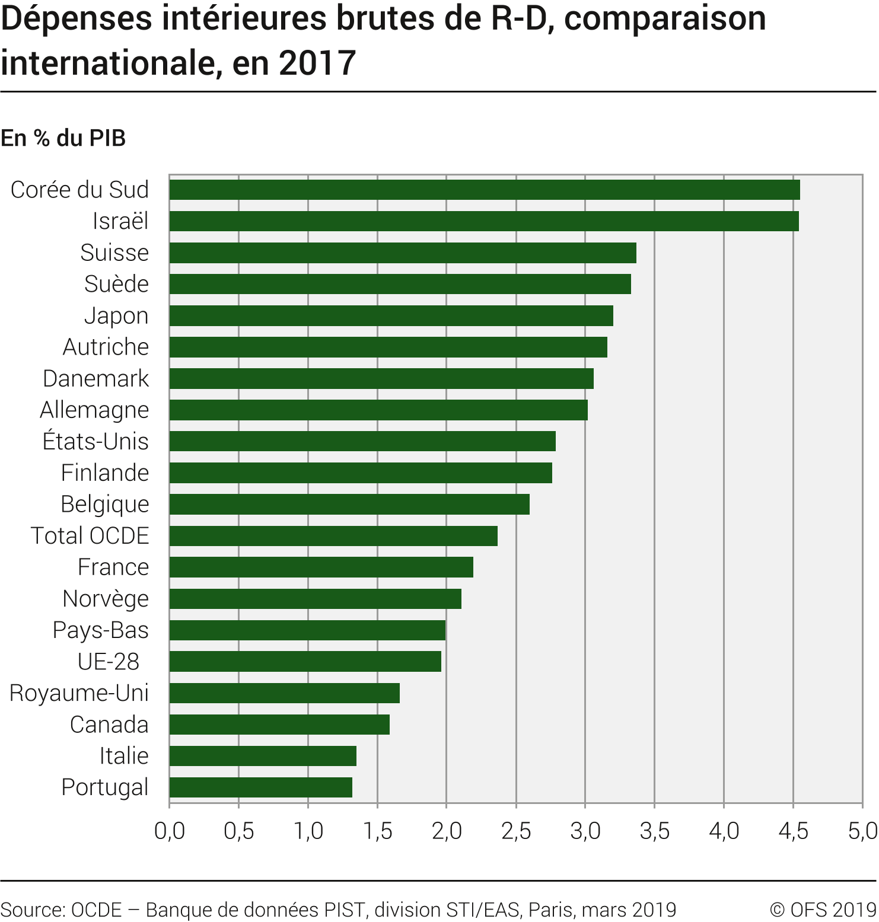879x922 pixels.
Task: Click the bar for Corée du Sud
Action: click(x=484, y=190)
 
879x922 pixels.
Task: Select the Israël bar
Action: click(x=483, y=221)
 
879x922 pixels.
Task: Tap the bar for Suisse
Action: click(x=402, y=253)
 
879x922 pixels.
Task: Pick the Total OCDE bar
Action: click(x=333, y=536)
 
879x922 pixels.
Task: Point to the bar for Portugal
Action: click(x=260, y=787)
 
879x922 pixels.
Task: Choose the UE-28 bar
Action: click(x=305, y=662)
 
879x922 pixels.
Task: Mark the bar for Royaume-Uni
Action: click(x=284, y=693)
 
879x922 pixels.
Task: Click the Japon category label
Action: click(x=116, y=316)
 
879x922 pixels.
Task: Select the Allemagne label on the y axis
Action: click(x=94, y=410)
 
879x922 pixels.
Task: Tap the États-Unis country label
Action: click(x=95, y=442)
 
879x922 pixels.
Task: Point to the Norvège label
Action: click(x=106, y=599)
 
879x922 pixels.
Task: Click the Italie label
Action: click(x=123, y=756)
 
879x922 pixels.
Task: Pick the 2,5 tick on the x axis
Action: click(x=516, y=831)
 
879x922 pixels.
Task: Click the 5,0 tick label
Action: click(x=862, y=831)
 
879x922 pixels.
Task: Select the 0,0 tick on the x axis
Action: click(x=170, y=831)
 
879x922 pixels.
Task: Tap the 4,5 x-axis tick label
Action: click(x=793, y=831)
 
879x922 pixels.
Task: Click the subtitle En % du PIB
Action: click(x=63, y=138)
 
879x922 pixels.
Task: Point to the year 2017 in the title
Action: click(x=317, y=63)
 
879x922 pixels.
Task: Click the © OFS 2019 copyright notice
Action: click(x=823, y=910)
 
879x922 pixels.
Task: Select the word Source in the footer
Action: click(x=32, y=910)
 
